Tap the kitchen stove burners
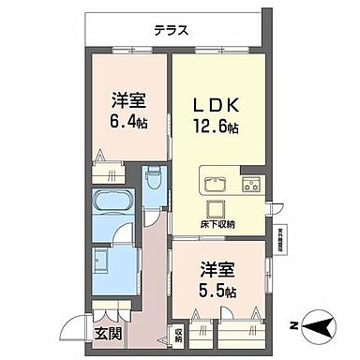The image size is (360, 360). (250, 180)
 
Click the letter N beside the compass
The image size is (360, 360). (293, 327)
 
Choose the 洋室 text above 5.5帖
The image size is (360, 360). (217, 268)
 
